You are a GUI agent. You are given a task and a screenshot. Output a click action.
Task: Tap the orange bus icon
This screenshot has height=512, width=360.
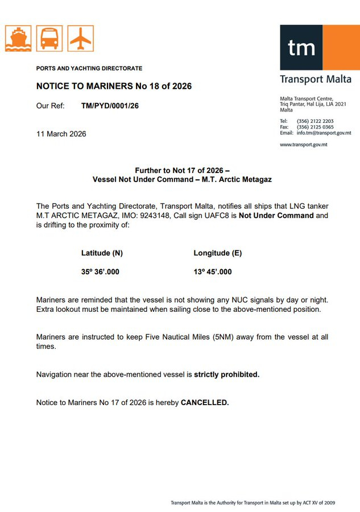click(49, 38)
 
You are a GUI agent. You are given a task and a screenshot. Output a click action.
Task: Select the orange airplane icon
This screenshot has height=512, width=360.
click(80, 38)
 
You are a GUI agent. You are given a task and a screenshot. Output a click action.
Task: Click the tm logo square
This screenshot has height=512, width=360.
click(301, 48)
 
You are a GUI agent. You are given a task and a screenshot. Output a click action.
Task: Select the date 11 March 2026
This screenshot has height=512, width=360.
click(61, 134)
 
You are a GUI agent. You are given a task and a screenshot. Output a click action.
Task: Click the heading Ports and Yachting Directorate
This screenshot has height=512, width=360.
click(89, 68)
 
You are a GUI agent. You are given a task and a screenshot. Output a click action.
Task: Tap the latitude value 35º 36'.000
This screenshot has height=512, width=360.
click(100, 272)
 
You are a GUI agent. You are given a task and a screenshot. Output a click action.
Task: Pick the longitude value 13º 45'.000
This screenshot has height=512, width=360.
click(213, 272)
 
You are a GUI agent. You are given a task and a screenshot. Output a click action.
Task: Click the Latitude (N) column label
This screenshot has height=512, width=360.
click(102, 253)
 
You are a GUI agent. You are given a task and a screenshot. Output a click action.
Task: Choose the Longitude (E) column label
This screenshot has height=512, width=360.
click(218, 253)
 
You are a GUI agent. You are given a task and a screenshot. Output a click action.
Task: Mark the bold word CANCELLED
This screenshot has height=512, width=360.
click(205, 403)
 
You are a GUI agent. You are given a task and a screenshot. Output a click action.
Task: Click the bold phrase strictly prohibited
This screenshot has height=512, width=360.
click(227, 375)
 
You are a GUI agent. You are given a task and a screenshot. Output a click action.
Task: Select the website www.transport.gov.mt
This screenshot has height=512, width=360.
click(303, 144)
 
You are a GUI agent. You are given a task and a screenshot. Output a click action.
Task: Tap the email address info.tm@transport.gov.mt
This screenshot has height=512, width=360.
click(324, 133)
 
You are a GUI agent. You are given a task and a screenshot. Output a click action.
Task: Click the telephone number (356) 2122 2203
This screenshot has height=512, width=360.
click(315, 121)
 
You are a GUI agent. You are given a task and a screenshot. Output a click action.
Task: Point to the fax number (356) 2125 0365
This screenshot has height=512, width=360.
click(315, 127)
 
